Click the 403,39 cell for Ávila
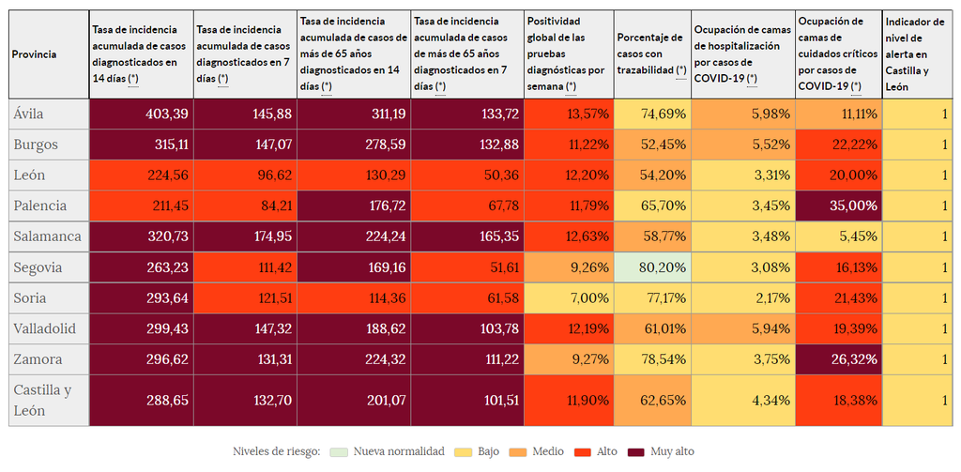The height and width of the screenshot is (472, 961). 141,114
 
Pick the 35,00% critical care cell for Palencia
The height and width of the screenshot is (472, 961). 838,206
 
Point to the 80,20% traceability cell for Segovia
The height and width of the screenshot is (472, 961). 652,267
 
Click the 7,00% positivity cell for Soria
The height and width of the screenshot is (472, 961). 569,298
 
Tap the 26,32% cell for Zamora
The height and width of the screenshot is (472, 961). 838,359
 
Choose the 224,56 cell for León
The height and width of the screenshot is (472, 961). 141,175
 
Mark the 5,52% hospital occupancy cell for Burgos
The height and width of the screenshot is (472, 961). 741,145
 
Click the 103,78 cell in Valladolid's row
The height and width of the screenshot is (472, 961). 467,328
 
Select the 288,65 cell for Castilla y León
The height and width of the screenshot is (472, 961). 141,401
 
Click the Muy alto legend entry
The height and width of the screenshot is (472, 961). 662,451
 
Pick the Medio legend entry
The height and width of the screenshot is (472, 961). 539,451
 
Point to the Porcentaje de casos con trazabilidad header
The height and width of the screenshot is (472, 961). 652,54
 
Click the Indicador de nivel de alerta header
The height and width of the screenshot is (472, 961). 919,54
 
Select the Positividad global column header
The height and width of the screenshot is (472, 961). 569,54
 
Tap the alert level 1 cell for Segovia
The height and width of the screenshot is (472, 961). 919,267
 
